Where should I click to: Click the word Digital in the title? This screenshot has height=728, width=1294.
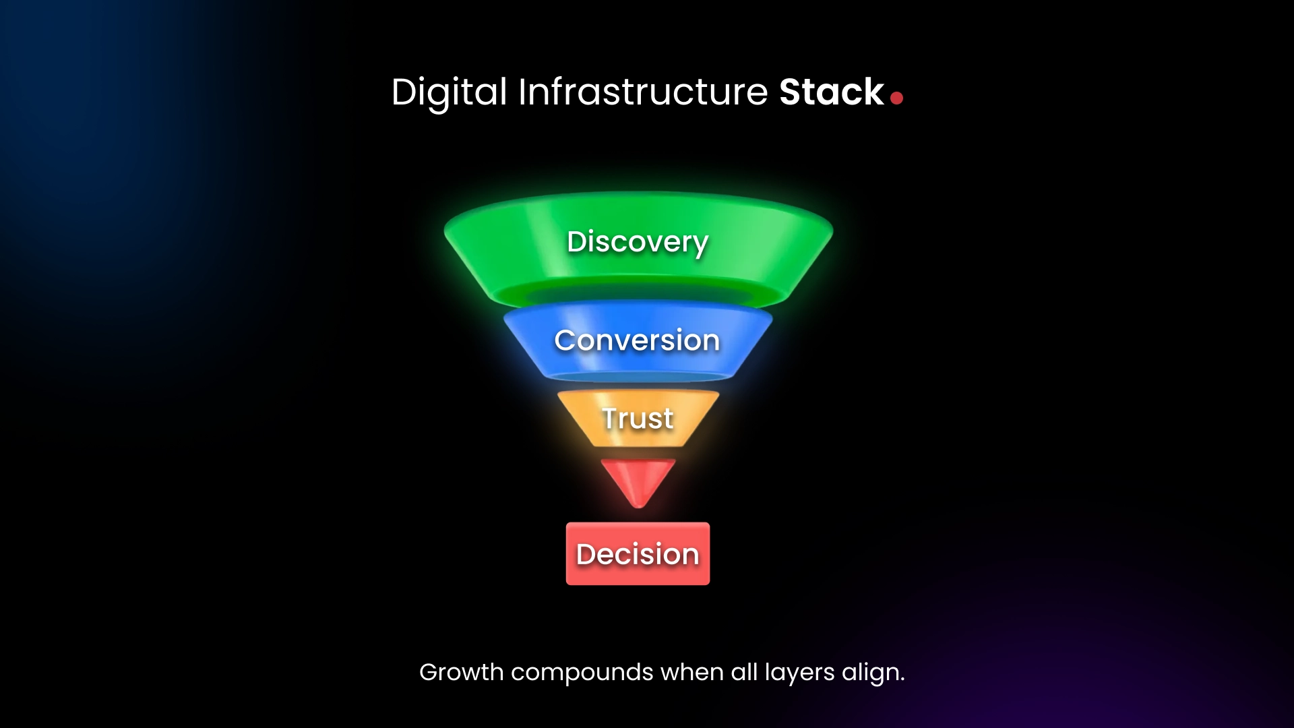[449, 92]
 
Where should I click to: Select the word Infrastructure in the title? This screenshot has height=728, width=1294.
[642, 92]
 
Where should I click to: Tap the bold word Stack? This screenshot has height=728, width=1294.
[831, 92]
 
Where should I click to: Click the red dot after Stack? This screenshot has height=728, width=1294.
[896, 98]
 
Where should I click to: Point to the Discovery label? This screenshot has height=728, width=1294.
[638, 242]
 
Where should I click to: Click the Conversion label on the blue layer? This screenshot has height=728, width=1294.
[637, 340]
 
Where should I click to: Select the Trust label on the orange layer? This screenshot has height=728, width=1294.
[638, 419]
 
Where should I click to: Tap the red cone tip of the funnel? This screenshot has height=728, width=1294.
[638, 481]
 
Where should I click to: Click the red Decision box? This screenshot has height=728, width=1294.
[638, 554]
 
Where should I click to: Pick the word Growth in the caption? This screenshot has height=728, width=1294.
[461, 672]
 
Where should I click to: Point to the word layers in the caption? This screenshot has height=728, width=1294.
[799, 673]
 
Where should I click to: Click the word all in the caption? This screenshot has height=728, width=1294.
[744, 672]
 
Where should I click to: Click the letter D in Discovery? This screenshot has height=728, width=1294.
[578, 242]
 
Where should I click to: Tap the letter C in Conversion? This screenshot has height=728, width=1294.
[565, 340]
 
